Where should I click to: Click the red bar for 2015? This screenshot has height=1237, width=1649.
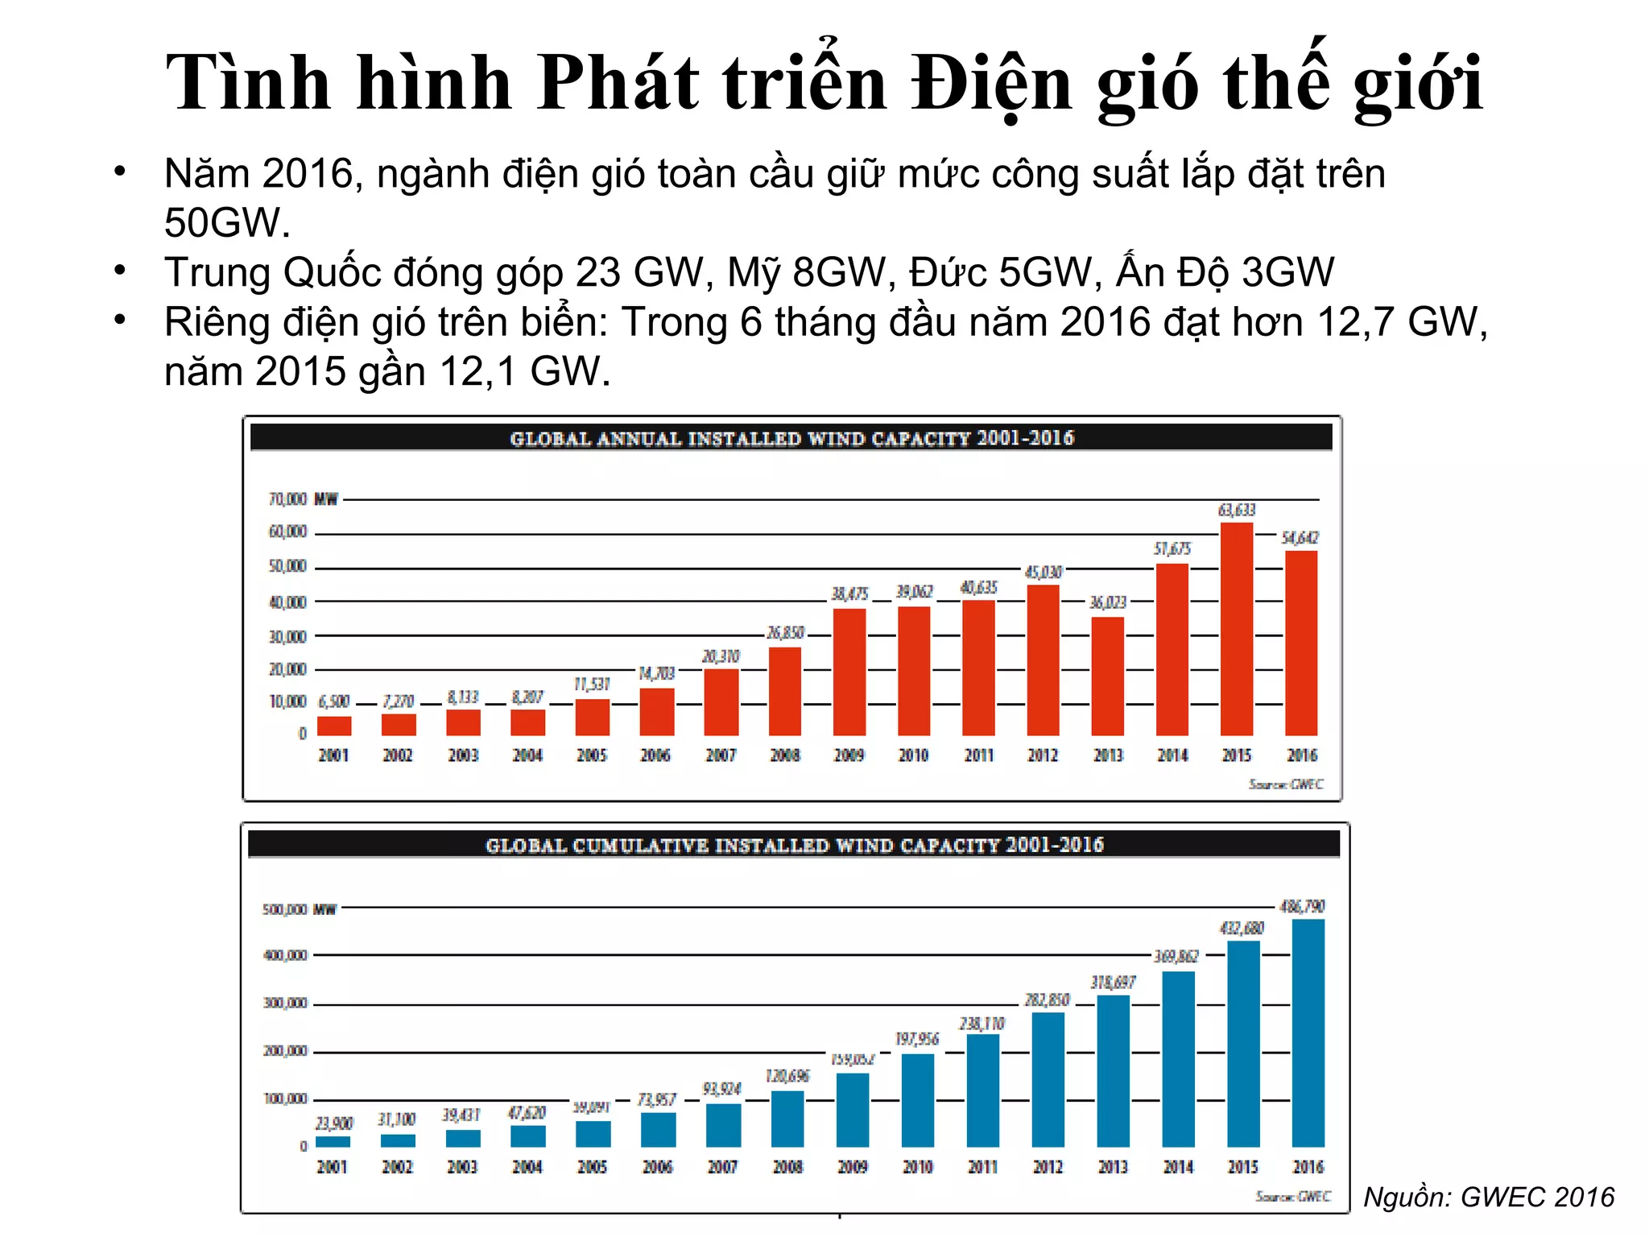[1236, 629]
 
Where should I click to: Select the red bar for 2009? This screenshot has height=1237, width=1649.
[849, 672]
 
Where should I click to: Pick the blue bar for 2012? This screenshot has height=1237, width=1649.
[1048, 1079]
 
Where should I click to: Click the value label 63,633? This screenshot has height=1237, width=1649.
[1237, 510]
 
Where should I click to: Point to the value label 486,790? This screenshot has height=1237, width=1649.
[1302, 906]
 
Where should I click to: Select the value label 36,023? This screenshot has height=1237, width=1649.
[1108, 602]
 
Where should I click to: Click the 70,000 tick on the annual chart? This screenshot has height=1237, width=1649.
[287, 499]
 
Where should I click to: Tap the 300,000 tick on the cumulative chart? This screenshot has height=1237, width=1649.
[285, 1003]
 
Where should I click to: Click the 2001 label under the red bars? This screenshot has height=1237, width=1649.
[333, 755]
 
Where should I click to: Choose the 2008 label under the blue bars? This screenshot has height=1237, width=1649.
[787, 1167]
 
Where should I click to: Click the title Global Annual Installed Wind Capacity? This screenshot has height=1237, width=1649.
[791, 438]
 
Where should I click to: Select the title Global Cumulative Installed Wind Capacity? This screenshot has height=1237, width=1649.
[794, 845]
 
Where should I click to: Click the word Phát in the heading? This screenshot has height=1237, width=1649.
[618, 83]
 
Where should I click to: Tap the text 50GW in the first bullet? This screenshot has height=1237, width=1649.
[226, 222]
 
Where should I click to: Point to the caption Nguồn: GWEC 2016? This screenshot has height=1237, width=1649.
[1489, 1197]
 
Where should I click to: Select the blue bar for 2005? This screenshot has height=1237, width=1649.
[593, 1133]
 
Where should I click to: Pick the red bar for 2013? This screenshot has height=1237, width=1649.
[1107, 676]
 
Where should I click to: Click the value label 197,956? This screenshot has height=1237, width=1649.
[917, 1039]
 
